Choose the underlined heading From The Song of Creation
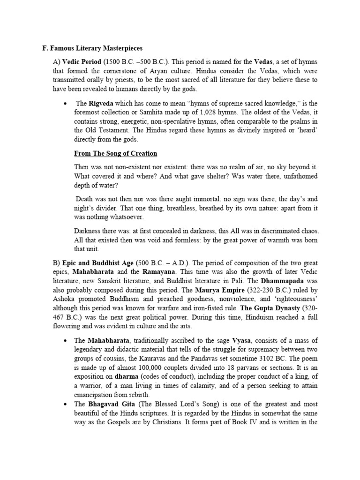click(116, 154)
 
